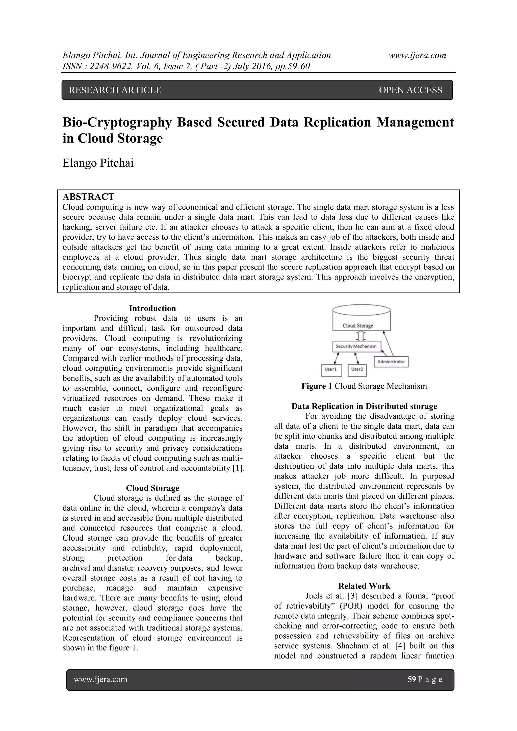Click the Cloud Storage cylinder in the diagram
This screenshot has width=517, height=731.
point(361,318)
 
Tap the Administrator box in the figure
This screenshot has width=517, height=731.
point(391,362)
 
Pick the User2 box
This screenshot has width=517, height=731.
point(357,370)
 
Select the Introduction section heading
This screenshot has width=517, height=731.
point(152,308)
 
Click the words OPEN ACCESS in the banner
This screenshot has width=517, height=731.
point(410,90)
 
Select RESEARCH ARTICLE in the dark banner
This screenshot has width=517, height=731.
point(115,90)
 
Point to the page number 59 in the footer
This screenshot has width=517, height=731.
point(412,679)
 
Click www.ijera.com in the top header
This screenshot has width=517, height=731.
point(417,55)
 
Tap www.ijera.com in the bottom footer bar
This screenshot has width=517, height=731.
point(101,679)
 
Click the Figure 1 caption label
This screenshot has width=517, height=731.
point(317,386)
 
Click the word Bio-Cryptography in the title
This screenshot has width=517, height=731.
point(117,122)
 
